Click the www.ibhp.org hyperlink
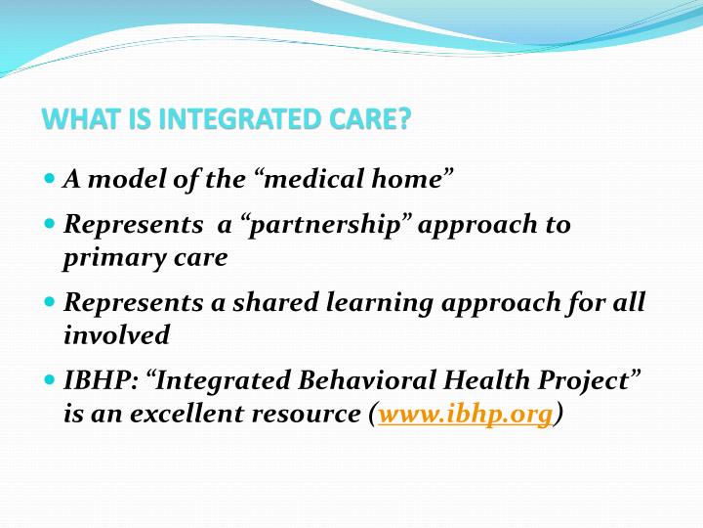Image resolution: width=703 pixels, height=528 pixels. click(466, 414)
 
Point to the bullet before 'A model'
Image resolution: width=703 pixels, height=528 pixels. click(50, 178)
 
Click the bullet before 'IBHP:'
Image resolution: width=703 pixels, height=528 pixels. click(50, 379)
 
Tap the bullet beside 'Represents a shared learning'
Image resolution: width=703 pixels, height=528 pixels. click(50, 302)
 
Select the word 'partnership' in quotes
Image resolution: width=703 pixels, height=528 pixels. click(324, 226)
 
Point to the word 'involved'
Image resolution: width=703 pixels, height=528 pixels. click(116, 335)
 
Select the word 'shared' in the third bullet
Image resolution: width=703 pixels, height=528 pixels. click(275, 302)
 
